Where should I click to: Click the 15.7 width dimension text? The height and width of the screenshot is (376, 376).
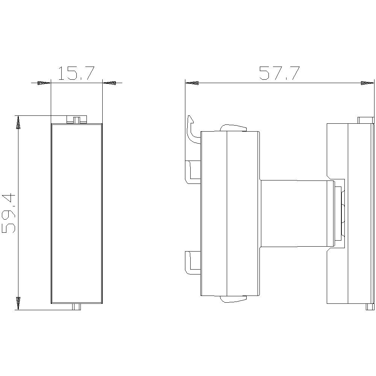(x=76, y=74)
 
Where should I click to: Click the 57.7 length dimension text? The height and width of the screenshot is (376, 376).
(x=279, y=74)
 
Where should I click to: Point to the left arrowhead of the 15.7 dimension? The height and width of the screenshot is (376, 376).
(x=44, y=83)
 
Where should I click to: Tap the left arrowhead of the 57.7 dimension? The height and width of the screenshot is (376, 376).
(x=192, y=83)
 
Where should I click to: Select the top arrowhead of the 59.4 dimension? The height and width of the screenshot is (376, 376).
(x=18, y=123)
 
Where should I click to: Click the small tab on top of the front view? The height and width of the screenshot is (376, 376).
(x=76, y=120)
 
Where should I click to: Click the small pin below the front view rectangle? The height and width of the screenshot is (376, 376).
(x=76, y=307)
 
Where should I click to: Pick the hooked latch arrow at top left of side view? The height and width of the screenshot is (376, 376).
(x=191, y=130)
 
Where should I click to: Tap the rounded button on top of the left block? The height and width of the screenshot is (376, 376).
(x=233, y=128)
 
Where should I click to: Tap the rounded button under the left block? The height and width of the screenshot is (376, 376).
(x=233, y=299)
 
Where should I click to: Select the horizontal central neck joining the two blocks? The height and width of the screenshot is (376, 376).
(x=297, y=214)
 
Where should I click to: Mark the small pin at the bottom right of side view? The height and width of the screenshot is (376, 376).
(x=370, y=307)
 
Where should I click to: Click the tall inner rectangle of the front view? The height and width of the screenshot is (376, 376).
(x=76, y=213)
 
